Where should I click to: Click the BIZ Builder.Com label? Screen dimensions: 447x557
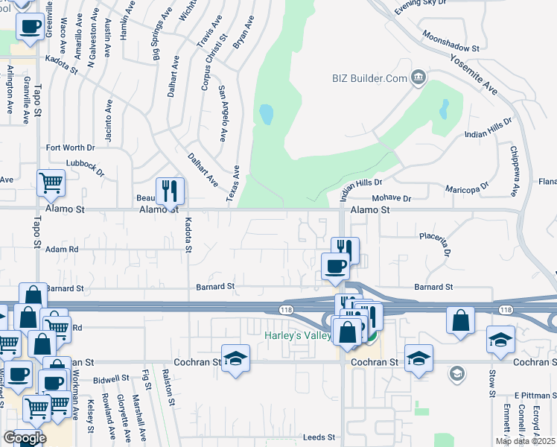(369, 78)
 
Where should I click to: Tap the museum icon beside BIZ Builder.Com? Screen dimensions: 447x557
(418, 77)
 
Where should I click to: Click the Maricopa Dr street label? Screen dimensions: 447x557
(467, 186)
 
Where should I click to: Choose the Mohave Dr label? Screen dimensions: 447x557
(391, 199)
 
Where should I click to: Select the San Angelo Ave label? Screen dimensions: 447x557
(222, 113)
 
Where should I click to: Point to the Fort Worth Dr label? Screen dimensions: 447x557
(71, 148)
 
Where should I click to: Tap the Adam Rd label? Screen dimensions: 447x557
(62, 250)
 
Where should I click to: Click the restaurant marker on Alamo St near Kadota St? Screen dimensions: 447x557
(170, 191)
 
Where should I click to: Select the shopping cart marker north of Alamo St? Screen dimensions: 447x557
(51, 183)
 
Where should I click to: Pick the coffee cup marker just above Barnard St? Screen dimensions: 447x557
(335, 265)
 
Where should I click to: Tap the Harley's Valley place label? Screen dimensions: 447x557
(297, 336)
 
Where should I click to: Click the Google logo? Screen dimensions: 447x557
(25, 438)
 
